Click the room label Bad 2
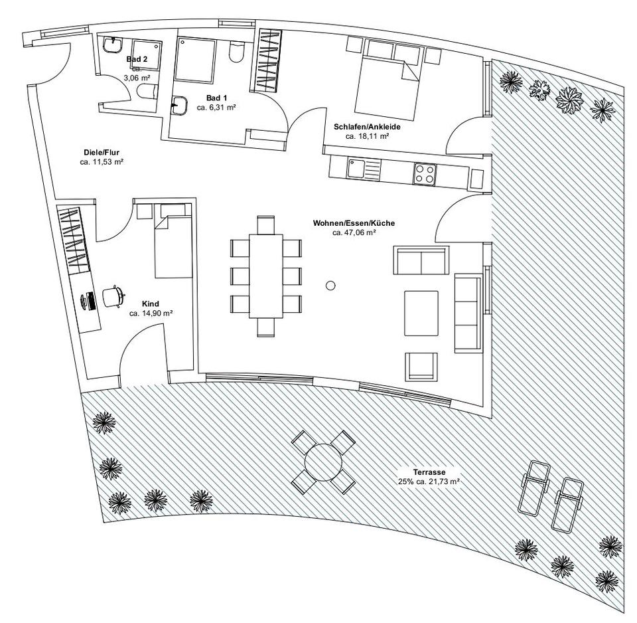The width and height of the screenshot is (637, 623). (137, 59)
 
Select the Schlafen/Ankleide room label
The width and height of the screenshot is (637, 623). (367, 127)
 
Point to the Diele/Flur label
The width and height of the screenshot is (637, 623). (102, 153)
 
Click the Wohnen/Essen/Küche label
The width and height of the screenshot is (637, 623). (354, 224)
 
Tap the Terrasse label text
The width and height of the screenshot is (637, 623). (429, 471)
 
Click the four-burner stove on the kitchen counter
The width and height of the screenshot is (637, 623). (425, 174)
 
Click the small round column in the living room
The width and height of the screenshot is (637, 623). (330, 286)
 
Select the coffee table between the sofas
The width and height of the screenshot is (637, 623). (421, 313)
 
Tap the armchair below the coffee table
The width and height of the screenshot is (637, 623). (422, 366)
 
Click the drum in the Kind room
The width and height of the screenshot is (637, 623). (113, 297)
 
